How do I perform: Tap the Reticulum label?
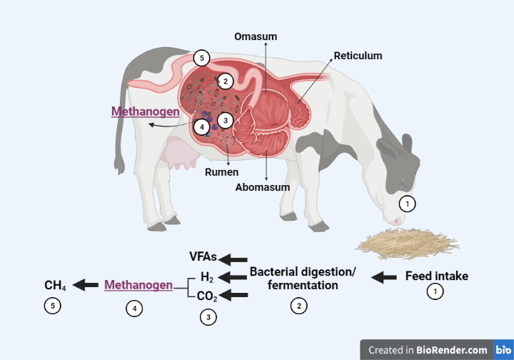coord(358,55)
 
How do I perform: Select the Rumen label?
coord(222,171)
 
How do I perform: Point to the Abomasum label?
coord(263,187)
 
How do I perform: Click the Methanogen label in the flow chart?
coord(138,285)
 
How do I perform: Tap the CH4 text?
coord(55,286)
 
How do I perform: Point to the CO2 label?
coord(208,296)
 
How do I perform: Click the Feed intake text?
coord(437,276)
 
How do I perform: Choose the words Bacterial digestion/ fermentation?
coord(303,279)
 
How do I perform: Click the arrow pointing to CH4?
coord(86,285)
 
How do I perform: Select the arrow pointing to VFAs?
coord(234,259)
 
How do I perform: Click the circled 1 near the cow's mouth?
coord(406,203)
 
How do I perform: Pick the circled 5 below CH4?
coord(51,306)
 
